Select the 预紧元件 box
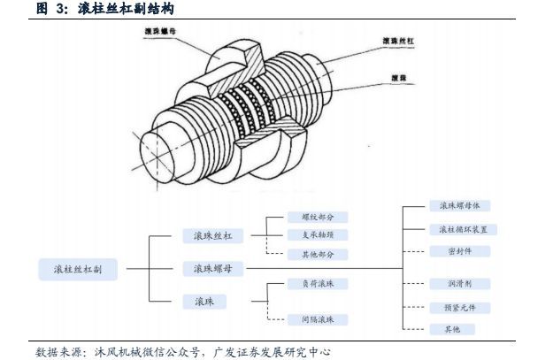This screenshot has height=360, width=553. tap(457, 307)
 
